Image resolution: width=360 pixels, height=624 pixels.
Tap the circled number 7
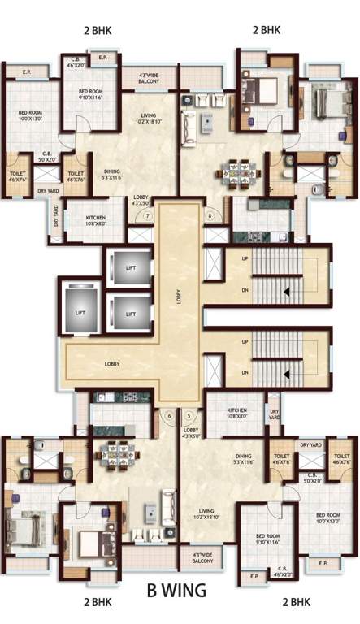point(148,216)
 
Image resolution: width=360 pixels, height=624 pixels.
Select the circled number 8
point(210,216)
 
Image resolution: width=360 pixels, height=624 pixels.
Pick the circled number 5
point(189,415)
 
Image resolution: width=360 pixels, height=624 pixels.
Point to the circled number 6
point(169,415)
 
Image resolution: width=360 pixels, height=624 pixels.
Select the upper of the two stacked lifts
point(130,267)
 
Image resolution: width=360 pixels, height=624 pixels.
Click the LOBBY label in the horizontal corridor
point(111,363)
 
